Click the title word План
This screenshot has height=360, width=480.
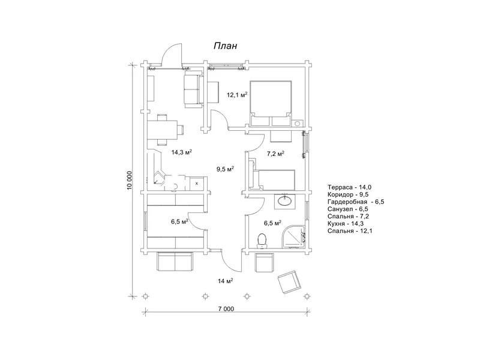click(225, 46)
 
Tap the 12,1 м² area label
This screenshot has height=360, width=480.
click(236, 95)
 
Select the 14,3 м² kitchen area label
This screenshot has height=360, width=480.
click(182, 152)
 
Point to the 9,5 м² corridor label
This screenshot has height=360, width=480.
click(226, 169)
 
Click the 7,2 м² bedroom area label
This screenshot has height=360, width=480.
click(275, 154)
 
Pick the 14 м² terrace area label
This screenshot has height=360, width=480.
click(226, 281)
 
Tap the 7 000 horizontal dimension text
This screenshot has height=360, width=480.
click(226, 309)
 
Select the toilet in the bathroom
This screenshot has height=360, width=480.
click(262, 241)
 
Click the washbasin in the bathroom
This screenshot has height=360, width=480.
click(286, 201)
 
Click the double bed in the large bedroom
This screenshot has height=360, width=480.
click(271, 103)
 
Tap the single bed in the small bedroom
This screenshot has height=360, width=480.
click(272, 179)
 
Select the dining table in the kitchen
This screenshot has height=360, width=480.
click(163, 130)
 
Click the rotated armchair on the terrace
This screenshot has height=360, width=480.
click(289, 282)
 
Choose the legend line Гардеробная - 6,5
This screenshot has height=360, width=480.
click(356, 202)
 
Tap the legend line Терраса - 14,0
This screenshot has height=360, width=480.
click(349, 187)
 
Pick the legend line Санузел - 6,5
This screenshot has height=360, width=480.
click(348, 209)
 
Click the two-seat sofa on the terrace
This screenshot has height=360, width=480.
click(175, 261)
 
